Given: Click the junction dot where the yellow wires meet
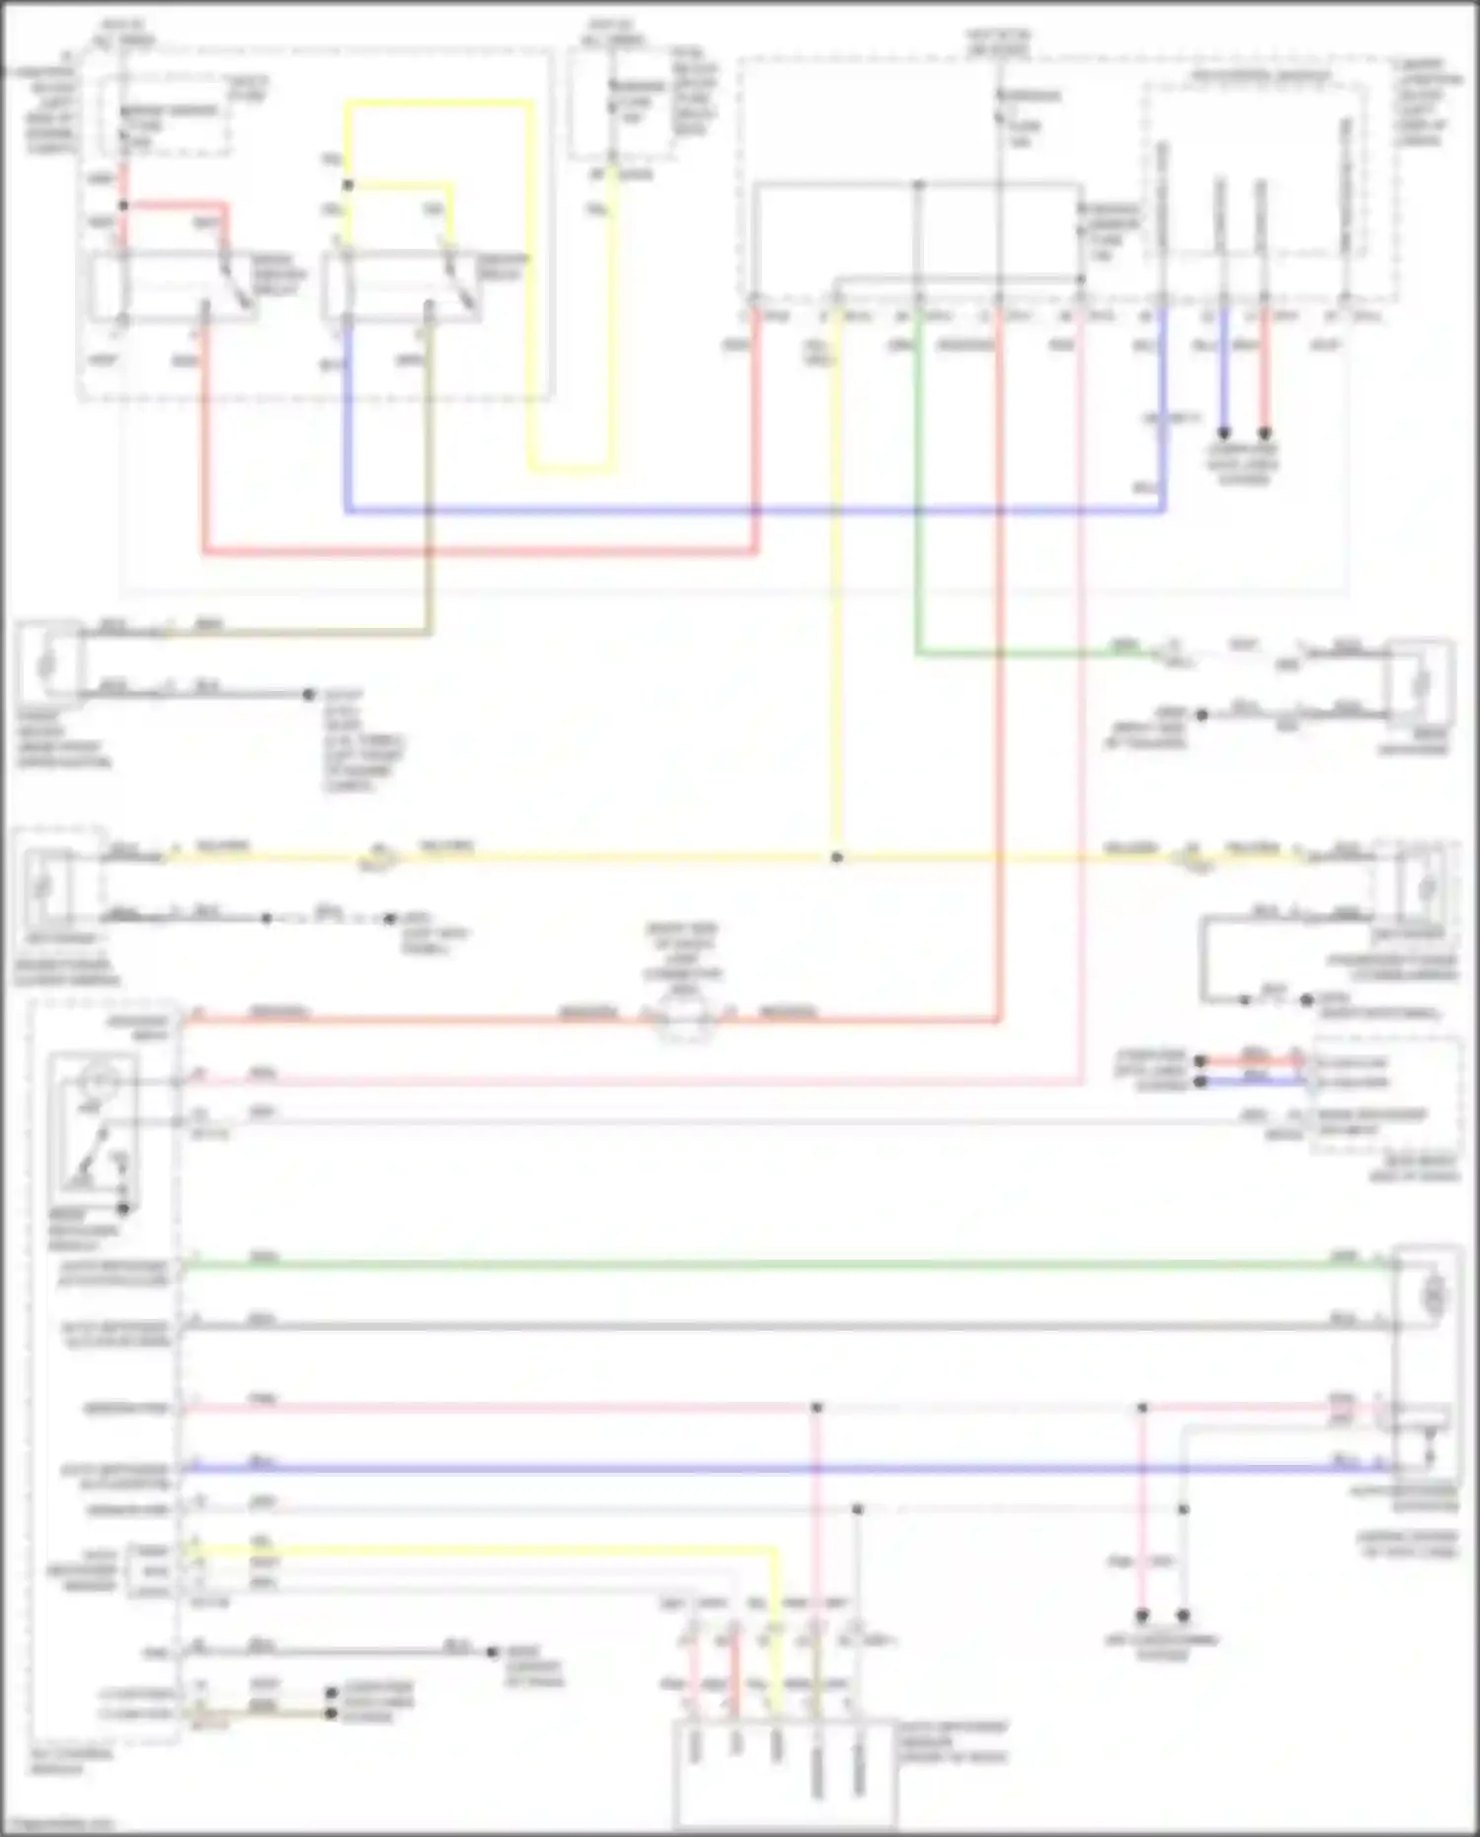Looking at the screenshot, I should click(x=836, y=857).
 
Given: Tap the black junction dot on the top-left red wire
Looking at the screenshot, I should click(x=123, y=205).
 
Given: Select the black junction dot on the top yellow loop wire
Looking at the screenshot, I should click(x=348, y=185).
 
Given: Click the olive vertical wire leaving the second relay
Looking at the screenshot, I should click(x=428, y=474).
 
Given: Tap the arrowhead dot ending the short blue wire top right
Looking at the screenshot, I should click(x=1222, y=432).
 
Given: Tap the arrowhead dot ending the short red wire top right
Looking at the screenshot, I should click(x=1264, y=432).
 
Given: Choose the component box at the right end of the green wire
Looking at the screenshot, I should click(x=1420, y=681).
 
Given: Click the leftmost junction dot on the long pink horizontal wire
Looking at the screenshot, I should click(x=817, y=1407).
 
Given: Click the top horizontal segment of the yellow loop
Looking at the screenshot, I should click(x=439, y=104).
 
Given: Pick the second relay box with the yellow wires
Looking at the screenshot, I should click(x=400, y=286).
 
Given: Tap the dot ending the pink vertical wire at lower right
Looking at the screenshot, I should click(x=1141, y=1616).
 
